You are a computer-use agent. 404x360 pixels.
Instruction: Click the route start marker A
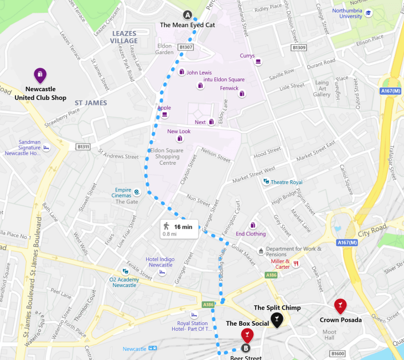(x=188, y=15)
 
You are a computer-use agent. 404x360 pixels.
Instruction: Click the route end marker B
(x=246, y=348)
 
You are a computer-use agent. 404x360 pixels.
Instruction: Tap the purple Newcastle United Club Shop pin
(x=40, y=75)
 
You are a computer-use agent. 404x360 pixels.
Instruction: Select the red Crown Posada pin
(x=340, y=305)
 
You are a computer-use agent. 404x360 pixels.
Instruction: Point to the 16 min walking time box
(x=179, y=229)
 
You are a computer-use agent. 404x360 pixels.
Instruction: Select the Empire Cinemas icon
(x=137, y=192)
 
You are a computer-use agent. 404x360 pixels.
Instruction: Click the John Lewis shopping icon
(x=181, y=72)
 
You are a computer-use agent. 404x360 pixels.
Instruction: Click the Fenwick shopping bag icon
(x=242, y=93)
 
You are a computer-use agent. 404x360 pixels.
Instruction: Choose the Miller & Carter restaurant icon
(x=296, y=264)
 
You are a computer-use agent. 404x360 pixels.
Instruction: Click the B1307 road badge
(x=186, y=48)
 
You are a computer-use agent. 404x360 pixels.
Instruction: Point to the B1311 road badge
(x=83, y=147)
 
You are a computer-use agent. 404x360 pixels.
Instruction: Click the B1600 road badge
(x=338, y=353)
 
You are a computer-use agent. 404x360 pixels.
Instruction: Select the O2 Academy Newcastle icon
(x=126, y=272)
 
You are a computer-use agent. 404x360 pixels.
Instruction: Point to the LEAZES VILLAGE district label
(x=124, y=37)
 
